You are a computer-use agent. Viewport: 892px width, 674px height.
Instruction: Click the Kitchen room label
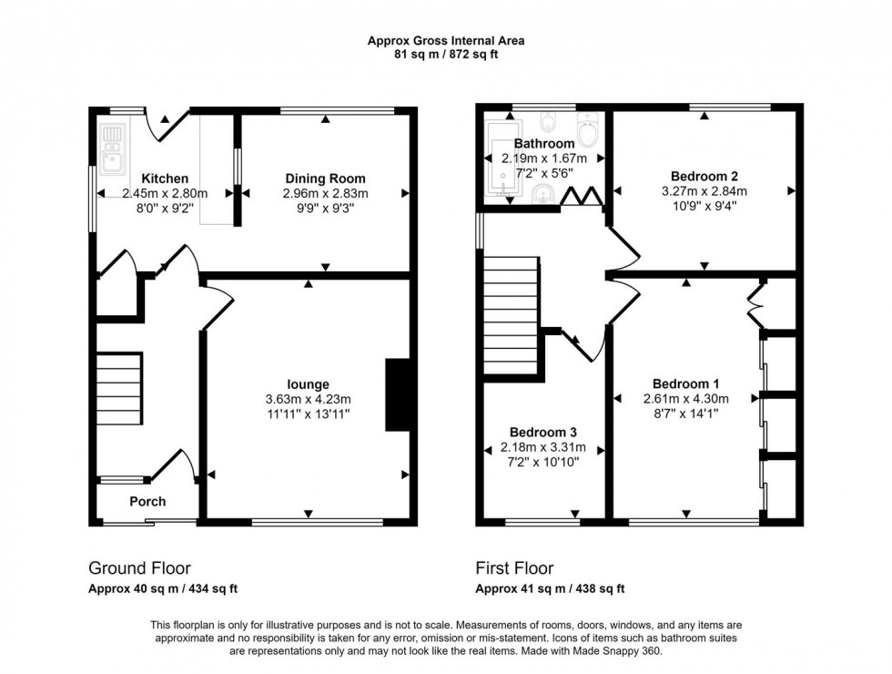(x=165, y=179)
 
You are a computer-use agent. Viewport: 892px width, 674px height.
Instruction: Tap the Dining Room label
(x=325, y=179)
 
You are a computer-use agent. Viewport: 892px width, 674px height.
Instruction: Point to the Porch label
(x=147, y=502)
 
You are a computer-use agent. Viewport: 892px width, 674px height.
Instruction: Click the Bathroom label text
(x=544, y=144)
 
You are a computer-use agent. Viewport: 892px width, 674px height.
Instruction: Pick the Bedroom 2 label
(x=704, y=177)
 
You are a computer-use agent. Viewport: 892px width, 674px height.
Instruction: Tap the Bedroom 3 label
(x=543, y=432)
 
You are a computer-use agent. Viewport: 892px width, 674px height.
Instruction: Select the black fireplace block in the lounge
(x=397, y=394)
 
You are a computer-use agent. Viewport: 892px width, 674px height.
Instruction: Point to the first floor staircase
(x=512, y=314)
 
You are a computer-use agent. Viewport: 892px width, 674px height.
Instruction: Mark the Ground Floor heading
(x=139, y=569)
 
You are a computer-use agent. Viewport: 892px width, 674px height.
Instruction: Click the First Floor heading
(x=514, y=569)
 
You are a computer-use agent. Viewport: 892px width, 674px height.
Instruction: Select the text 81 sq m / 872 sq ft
(x=445, y=54)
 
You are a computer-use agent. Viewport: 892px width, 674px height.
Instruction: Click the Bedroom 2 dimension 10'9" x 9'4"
(x=704, y=206)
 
